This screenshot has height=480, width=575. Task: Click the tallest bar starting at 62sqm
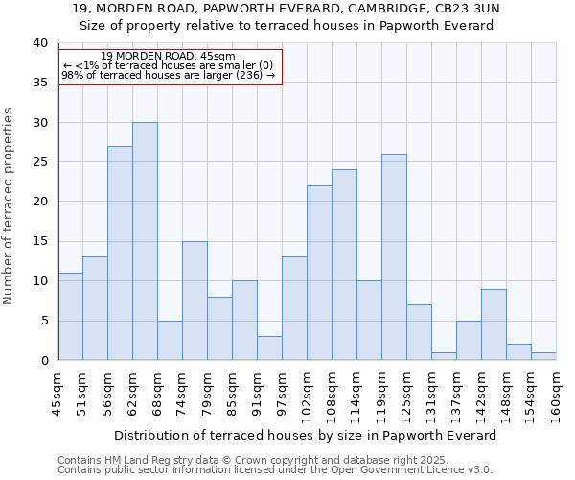tap(145, 241)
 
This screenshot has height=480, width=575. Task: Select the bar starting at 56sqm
tap(120, 253)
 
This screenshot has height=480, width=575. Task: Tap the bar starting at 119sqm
tap(394, 257)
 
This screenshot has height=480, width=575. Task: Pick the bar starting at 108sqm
tap(344, 265)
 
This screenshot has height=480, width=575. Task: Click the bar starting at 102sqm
tap(319, 273)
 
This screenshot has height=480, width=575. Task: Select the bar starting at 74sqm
tap(195, 300)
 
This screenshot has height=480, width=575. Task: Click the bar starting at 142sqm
tap(494, 324)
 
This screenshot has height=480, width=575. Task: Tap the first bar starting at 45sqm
tap(70, 317)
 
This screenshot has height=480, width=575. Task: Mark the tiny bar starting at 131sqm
tap(444, 356)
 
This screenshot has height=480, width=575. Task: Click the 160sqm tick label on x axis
tap(557, 394)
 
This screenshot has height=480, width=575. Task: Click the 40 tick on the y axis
tap(39, 43)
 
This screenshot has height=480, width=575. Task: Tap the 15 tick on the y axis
tap(39, 241)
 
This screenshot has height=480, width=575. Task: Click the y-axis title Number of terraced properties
tap(9, 205)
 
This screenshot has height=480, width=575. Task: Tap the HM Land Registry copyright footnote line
tap(253, 460)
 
